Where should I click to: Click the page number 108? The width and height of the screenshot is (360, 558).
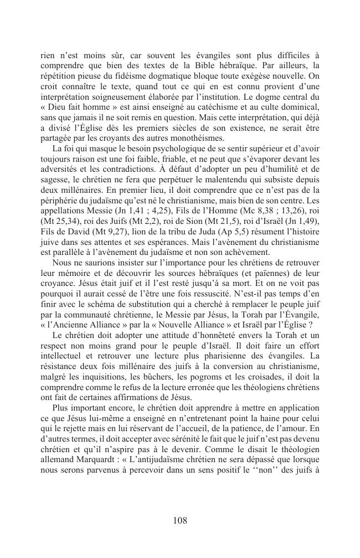click(180, 520)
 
